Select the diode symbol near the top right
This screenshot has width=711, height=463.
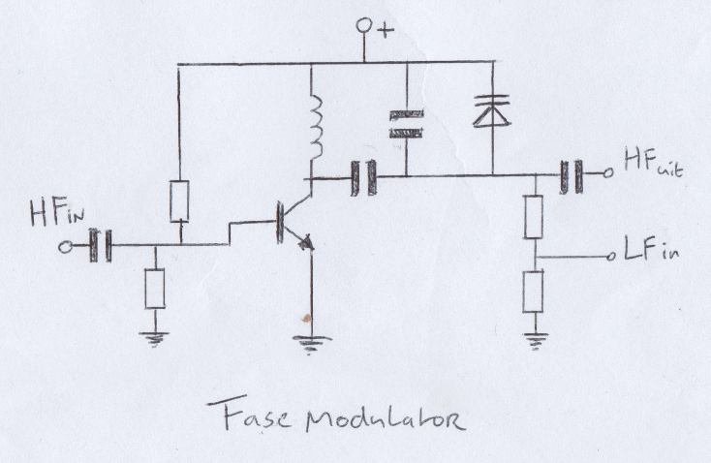tap(492, 111)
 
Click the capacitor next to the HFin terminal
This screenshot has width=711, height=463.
tap(102, 245)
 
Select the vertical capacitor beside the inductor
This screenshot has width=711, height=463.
tap(406, 123)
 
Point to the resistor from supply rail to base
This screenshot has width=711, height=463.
tap(179, 201)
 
